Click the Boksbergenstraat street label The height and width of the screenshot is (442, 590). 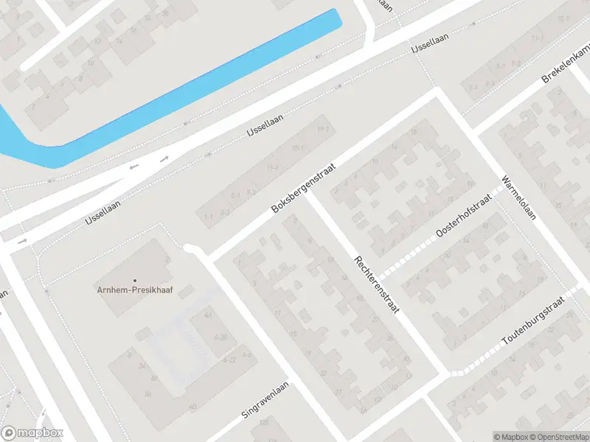tap(304, 189)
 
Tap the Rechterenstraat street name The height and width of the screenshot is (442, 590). tap(376, 286)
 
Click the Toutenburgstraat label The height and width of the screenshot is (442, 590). tap(532, 323)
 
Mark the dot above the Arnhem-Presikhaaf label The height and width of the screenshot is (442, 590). tap(134, 280)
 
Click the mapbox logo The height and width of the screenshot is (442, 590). tap(32, 433)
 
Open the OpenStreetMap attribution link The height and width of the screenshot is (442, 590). tap(558, 437)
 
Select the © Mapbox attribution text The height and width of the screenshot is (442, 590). tap(510, 437)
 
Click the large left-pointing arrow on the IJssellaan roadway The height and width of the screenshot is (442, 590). tap(133, 166)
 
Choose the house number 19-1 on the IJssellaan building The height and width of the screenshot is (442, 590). tap(321, 130)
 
